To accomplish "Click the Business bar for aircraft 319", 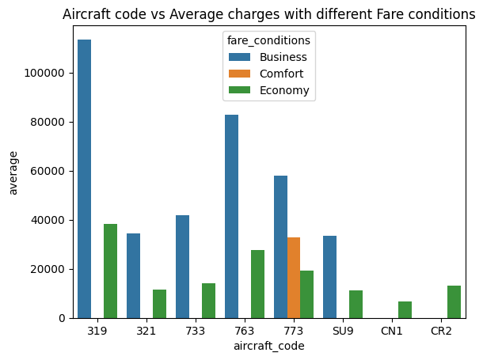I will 84,179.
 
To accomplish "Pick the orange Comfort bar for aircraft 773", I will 294,278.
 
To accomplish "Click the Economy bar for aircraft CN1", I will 405,309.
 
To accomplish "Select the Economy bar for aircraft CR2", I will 454,301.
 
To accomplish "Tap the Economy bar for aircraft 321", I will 159,304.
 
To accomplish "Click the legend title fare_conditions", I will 268,40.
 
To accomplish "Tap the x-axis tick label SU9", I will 343,331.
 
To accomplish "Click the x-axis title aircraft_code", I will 269,347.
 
